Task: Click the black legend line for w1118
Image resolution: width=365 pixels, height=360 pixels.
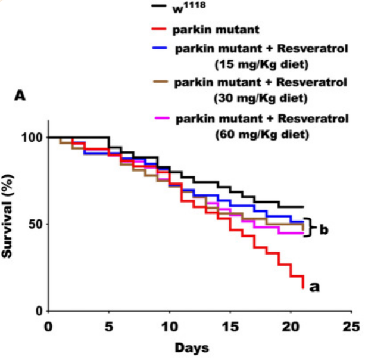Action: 158,8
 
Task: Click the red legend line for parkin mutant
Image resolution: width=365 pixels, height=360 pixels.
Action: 158,27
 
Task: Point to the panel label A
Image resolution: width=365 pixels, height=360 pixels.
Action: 21,95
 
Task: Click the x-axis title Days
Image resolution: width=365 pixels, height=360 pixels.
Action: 191,346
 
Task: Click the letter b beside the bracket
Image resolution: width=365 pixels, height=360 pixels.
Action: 324,229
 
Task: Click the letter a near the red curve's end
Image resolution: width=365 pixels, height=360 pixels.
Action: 315,287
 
